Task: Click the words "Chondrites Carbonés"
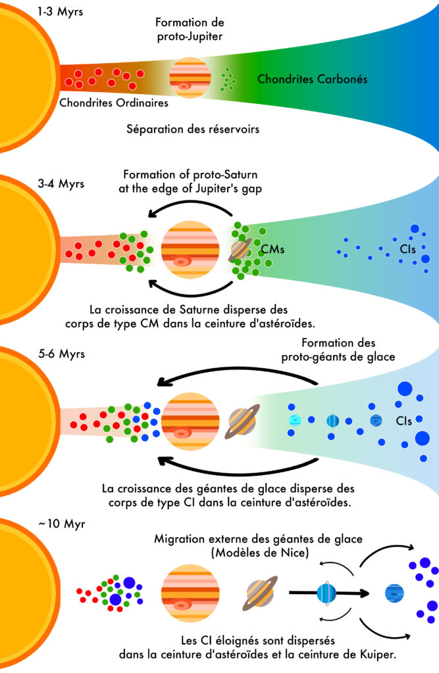click(312, 80)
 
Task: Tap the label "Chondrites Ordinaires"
click(113, 103)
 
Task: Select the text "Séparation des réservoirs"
click(192, 129)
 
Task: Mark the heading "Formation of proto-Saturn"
click(190, 175)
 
